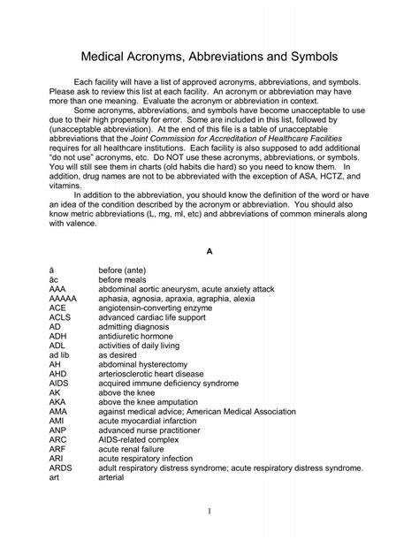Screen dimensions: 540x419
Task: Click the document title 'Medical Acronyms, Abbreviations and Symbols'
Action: click(209, 55)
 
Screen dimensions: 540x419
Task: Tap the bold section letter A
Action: click(209, 252)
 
